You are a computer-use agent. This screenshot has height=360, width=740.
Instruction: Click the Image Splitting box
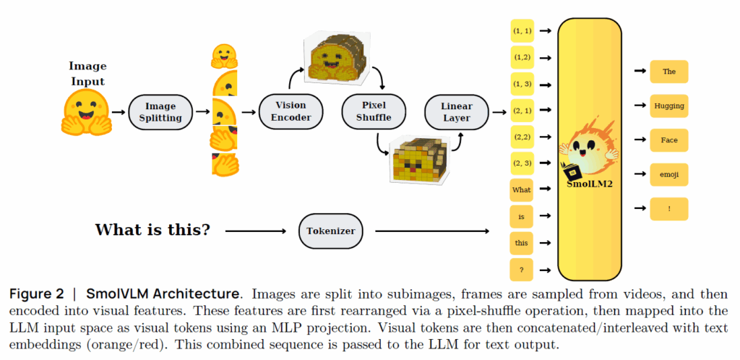coord(160,112)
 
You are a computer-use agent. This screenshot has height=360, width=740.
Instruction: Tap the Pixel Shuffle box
coord(374,112)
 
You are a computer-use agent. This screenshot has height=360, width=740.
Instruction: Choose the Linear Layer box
coord(456,112)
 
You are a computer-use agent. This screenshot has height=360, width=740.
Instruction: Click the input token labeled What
coord(522,189)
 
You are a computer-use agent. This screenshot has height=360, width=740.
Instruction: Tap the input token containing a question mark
coord(522,269)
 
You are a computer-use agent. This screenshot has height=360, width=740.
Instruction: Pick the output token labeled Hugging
coord(668,106)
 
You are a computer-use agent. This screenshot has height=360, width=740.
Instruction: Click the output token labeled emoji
coord(668,174)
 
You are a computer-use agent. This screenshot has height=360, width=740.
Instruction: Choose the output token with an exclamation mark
coord(668,209)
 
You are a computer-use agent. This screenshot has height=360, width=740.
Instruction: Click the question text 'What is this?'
coord(152,231)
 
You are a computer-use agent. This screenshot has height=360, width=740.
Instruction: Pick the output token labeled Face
coord(668,140)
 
